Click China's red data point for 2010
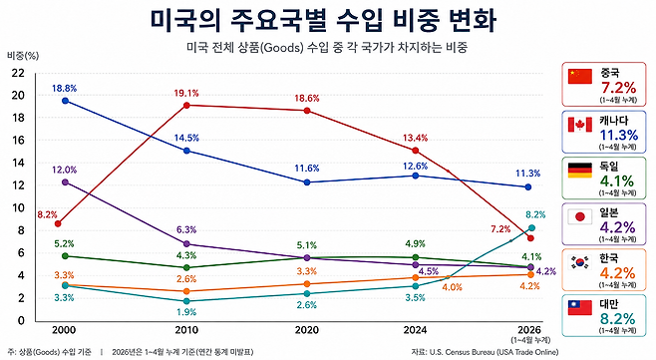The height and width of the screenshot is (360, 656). (186, 105)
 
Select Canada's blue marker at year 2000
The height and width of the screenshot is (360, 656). (65, 101)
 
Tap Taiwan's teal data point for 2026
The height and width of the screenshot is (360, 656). (531, 227)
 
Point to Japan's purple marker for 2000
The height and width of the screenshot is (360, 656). (65, 182)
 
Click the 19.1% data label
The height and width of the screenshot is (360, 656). (186, 94)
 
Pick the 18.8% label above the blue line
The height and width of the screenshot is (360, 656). (65, 89)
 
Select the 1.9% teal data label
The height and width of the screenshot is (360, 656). (186, 312)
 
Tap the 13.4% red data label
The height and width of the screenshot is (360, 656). (415, 138)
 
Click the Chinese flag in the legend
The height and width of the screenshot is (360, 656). (580, 77)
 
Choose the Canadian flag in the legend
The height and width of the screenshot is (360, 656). (580, 125)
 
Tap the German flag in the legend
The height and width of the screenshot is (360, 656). (580, 171)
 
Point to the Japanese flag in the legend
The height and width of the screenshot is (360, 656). (580, 216)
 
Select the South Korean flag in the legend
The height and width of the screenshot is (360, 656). (580, 262)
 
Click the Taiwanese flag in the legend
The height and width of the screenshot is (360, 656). (580, 308)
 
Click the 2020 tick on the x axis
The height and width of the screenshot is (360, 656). (307, 330)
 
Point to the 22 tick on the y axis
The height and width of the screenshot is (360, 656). (18, 73)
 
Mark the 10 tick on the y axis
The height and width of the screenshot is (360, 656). (18, 208)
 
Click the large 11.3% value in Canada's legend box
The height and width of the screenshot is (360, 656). (619, 136)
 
